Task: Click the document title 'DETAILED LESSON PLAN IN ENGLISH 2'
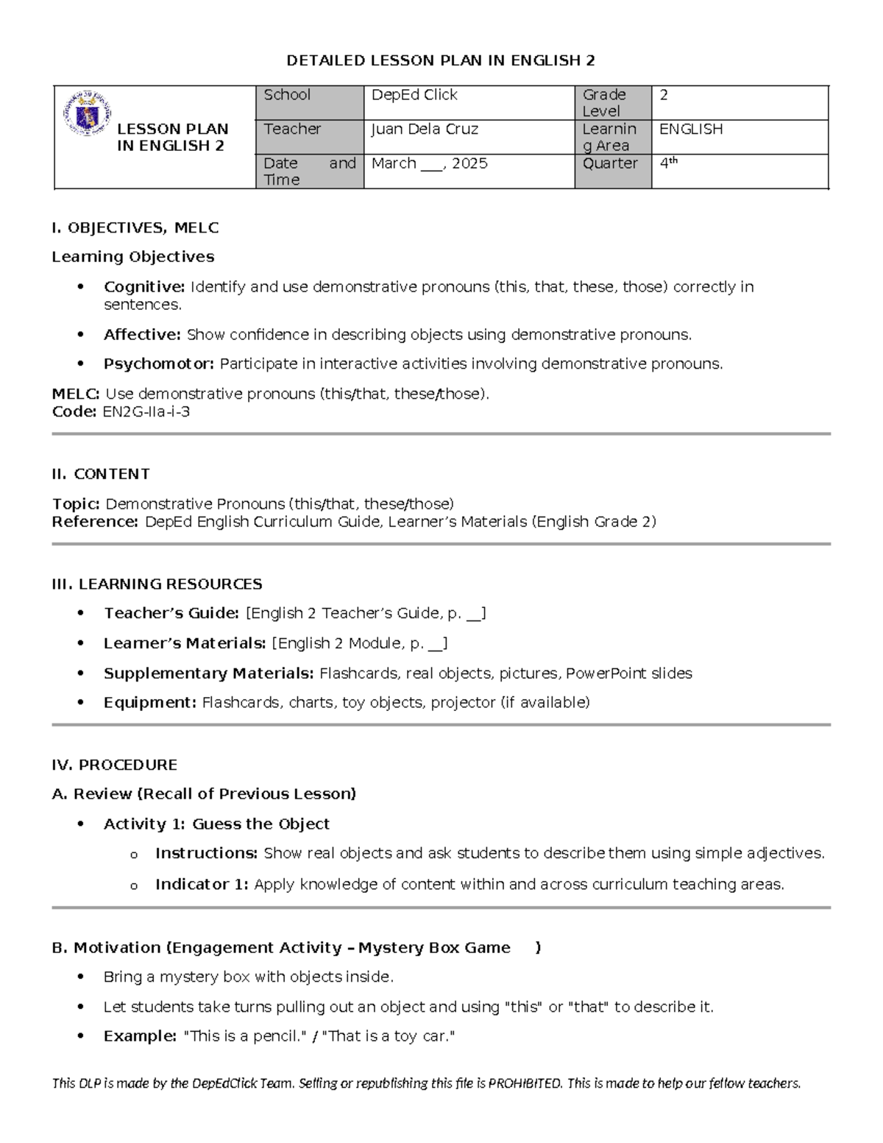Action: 441,60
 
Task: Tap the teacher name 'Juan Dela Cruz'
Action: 425,130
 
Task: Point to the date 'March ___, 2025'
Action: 429,163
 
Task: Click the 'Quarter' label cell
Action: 610,163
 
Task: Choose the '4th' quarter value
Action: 668,163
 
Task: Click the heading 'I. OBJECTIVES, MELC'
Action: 135,228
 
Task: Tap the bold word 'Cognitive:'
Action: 144,286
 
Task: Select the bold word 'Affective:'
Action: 142,335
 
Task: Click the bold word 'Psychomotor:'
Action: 159,364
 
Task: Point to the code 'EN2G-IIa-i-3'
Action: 146,412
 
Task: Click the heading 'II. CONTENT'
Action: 101,474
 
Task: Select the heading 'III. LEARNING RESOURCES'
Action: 157,584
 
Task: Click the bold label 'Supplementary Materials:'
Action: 209,673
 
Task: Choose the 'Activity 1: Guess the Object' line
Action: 216,824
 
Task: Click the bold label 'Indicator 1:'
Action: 202,885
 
